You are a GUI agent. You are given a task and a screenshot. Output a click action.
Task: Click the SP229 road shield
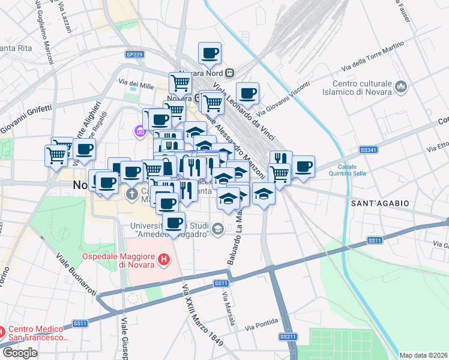pos(134,55)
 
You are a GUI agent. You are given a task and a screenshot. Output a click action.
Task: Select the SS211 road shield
pos(288,337)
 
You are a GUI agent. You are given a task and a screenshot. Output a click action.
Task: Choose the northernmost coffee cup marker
pos(209,53)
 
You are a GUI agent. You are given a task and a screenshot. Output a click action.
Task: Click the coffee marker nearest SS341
pos(304,167)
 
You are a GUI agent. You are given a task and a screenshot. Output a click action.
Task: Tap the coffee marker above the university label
pos(174,223)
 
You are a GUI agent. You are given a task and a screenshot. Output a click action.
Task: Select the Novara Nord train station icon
pos(229,73)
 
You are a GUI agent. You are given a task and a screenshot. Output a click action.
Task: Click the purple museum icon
pos(140,130)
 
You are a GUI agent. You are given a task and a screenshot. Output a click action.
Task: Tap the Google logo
pos(20,353)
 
